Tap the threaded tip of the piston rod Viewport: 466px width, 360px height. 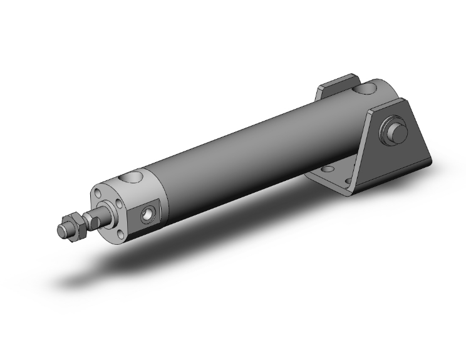pyautogui.click(x=63, y=230)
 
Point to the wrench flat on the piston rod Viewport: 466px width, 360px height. pyautogui.click(x=94, y=221)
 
